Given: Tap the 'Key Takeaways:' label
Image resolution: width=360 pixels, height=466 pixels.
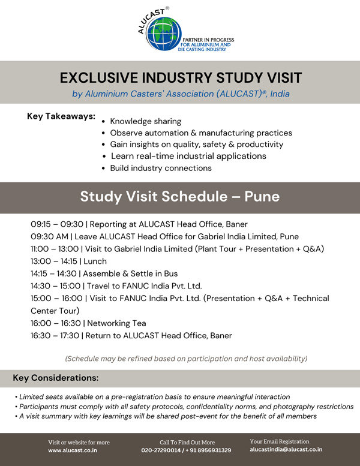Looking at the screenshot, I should (61, 116).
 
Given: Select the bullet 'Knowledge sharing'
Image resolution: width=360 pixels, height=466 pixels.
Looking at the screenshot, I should (145, 121).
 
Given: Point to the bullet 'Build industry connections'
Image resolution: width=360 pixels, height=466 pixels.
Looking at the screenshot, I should (161, 168).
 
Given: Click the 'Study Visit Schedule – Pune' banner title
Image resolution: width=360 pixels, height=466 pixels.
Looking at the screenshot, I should (180, 197).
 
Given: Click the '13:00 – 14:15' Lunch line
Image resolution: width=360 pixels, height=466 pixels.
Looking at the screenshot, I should (68, 261).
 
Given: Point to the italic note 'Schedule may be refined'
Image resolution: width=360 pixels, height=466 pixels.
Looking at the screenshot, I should (186, 359).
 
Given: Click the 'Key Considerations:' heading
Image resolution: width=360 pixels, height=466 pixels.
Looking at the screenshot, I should (56, 378).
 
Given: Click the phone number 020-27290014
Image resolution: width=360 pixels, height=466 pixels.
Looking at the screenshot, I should (164, 450).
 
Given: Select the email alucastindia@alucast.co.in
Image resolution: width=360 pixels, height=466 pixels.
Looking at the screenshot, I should (286, 449).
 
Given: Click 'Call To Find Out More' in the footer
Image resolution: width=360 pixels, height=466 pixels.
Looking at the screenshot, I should (187, 443).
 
